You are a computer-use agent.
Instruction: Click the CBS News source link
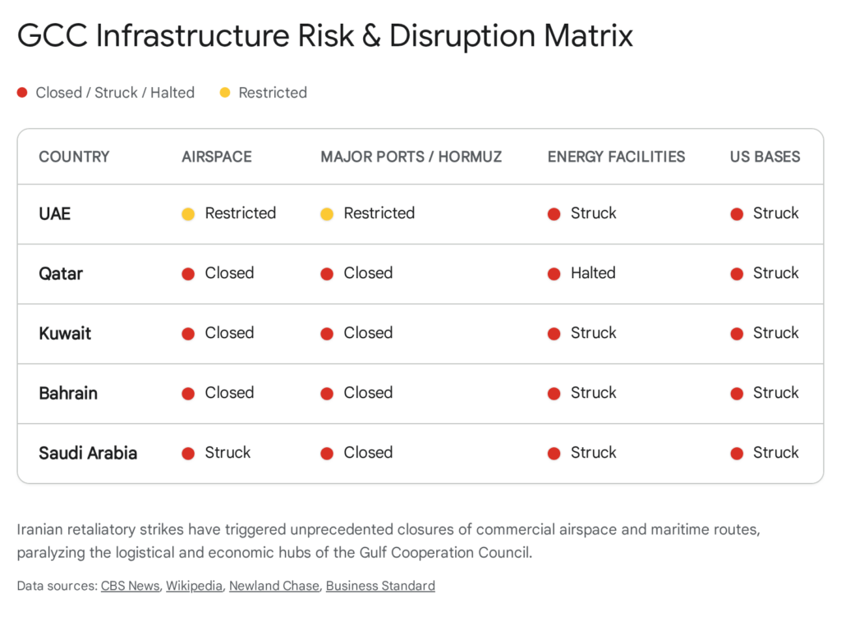(130, 586)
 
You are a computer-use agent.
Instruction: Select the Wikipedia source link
(194, 586)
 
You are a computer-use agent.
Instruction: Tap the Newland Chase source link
(273, 586)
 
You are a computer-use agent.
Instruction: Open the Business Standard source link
(380, 586)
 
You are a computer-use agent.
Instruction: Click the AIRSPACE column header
(216, 157)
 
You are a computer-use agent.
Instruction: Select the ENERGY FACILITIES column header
(616, 157)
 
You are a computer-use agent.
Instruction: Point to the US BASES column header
(765, 157)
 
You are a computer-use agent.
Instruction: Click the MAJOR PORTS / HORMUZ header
(411, 157)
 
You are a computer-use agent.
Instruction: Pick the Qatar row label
(61, 273)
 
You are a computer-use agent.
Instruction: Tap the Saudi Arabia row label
(88, 453)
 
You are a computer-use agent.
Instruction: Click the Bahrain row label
(68, 393)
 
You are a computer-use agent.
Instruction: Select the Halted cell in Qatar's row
(592, 273)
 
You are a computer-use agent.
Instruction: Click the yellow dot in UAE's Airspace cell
(188, 214)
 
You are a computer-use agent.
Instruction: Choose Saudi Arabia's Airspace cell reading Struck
(227, 453)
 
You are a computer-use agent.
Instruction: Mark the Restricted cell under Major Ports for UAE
(379, 213)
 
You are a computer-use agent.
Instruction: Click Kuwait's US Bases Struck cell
(775, 333)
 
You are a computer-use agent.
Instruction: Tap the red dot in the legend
(22, 93)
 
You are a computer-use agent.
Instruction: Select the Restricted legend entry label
(273, 93)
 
